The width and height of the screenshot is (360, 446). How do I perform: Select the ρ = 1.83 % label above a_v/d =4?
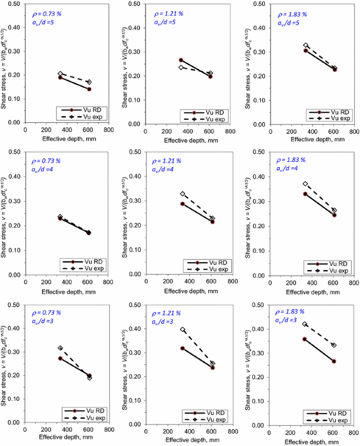click(287, 160)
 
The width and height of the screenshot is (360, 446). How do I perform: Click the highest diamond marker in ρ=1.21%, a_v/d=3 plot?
click(183, 329)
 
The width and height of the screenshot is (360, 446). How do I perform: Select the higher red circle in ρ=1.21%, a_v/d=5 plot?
click(181, 60)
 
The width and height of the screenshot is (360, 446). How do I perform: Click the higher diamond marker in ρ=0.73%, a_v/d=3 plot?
click(60, 348)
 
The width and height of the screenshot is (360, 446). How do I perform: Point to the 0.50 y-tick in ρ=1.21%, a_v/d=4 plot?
click(133, 152)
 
